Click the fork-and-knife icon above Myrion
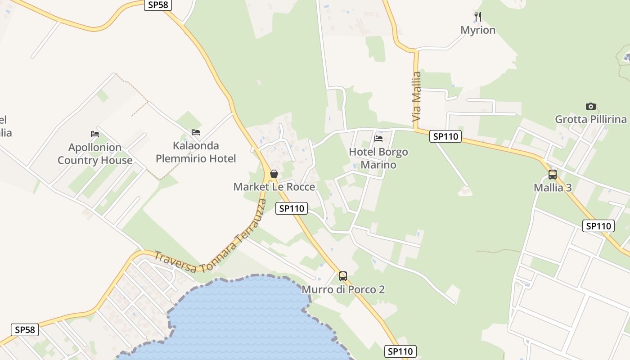[478, 17]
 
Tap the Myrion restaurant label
[478, 30]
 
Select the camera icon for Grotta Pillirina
[591, 106]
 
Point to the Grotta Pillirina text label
[591, 119]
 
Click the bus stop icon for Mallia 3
[553, 175]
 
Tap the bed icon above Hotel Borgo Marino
[378, 138]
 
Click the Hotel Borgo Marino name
[378, 158]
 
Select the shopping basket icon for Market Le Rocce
[274, 174]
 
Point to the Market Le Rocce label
[274, 187]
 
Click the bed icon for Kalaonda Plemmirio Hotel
[196, 132]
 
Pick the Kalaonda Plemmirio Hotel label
[195, 152]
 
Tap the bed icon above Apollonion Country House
[95, 134]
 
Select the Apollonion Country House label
[95, 154]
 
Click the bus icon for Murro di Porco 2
[343, 276]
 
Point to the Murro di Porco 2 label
[343, 289]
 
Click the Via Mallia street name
[417, 97]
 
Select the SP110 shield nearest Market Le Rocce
[291, 208]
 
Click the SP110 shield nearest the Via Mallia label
[445, 136]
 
